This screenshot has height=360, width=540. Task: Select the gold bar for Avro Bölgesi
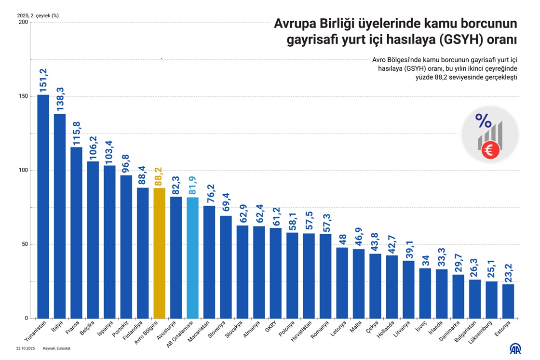[x=159, y=253]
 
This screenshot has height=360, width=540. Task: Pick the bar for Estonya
[x=508, y=301]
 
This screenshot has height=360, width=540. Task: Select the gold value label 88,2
[x=159, y=176]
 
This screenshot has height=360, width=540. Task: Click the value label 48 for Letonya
[x=342, y=239]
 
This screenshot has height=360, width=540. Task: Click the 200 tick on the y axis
[x=22, y=22]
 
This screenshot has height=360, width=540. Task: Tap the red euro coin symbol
[x=489, y=151]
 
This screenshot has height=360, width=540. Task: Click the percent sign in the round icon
[x=483, y=121]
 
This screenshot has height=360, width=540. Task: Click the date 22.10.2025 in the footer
[x=25, y=348]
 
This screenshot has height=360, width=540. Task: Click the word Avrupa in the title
[x=295, y=24]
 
